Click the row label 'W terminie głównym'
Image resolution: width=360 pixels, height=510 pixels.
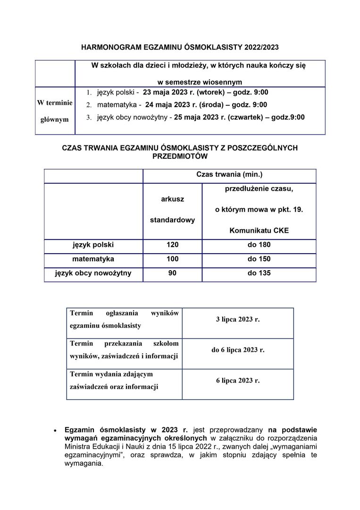pos(55,111)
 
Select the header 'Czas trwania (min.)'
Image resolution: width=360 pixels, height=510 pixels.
pos(229,175)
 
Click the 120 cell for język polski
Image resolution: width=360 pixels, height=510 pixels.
pos(172,245)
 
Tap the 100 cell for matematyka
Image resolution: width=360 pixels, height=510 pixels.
pos(172,259)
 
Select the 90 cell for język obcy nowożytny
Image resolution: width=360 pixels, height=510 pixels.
pos(172,273)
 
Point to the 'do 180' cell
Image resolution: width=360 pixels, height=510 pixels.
pos(259,245)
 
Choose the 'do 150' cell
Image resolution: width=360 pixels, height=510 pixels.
pos(259,259)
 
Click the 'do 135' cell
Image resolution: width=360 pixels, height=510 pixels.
pos(259,273)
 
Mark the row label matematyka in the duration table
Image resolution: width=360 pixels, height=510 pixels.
pos(93,259)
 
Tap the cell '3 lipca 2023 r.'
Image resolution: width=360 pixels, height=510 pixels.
pos(238,320)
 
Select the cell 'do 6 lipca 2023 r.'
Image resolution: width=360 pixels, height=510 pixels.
pos(238,350)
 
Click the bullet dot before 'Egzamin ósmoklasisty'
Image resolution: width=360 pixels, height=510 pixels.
pos(55,431)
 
